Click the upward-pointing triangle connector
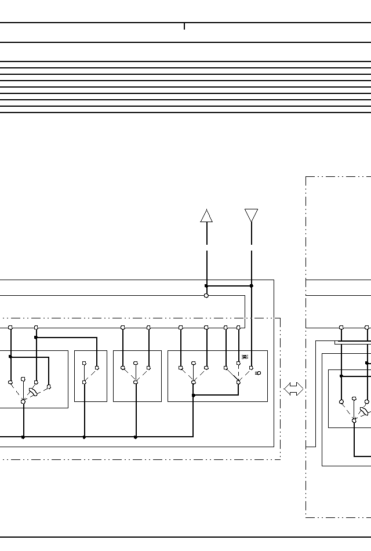(x=206, y=216)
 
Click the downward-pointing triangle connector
(x=251, y=215)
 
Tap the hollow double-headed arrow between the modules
(x=293, y=389)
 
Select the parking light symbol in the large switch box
(x=245, y=357)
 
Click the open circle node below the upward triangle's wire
(x=206, y=295)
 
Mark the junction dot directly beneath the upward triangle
(x=206, y=286)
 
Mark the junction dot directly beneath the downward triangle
(x=251, y=286)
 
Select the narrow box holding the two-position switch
(x=90, y=376)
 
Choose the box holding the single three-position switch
(x=137, y=376)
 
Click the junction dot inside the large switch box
(x=194, y=396)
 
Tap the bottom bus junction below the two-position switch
(x=84, y=437)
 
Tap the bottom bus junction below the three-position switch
(x=136, y=437)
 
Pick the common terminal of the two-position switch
(x=84, y=382)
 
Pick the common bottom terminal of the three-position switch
(x=136, y=382)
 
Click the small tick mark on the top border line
(x=184, y=26)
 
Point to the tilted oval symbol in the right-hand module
(x=363, y=411)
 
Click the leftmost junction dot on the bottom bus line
(x=23, y=437)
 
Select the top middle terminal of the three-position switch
(x=136, y=364)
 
